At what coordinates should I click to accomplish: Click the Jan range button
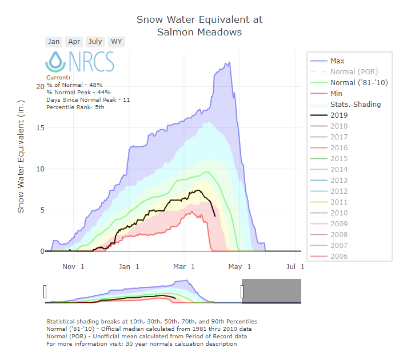click(x=54, y=42)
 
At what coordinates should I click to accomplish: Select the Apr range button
click(x=74, y=42)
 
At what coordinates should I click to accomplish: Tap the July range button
click(x=95, y=42)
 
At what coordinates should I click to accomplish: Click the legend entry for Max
click(x=337, y=61)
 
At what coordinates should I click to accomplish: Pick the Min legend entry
click(x=336, y=94)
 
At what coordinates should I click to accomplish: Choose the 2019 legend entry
click(x=339, y=115)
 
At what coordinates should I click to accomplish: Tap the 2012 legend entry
click(x=339, y=191)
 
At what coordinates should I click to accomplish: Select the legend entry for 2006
click(x=339, y=257)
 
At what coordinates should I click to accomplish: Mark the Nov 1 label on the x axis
click(x=74, y=266)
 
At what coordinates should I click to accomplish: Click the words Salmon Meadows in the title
click(x=199, y=32)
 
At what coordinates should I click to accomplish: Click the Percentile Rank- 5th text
click(x=76, y=107)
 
